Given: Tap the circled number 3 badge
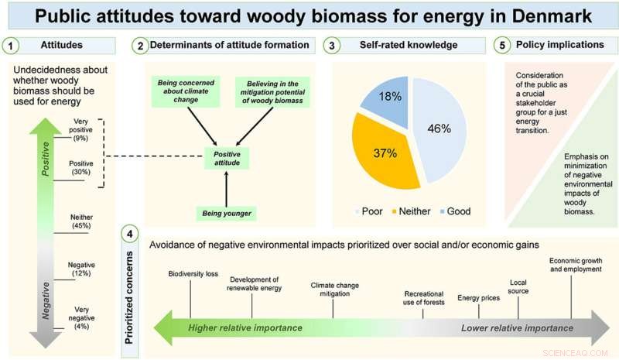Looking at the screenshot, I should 332,46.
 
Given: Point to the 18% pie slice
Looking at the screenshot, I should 389,98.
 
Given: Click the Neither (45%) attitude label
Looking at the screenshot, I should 80,221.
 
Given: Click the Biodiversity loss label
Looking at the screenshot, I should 193,273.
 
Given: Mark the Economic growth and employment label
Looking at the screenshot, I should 575,264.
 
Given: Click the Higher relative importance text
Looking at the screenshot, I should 245,328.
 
